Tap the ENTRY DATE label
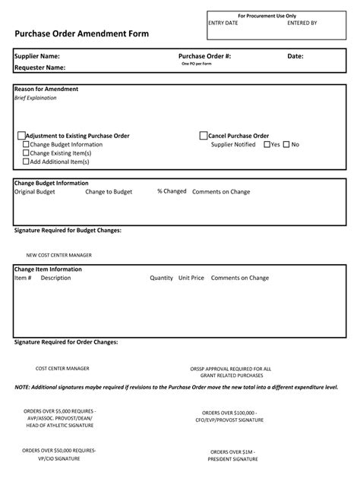pos(223,24)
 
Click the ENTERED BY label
pos(302,24)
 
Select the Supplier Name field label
pos(37,56)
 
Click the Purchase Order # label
pos(205,56)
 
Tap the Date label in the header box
pos(295,56)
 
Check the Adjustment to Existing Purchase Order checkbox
pos(21,136)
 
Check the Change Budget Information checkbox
pos(27,144)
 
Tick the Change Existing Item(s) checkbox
pos(27,153)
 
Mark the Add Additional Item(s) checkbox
pos(27,161)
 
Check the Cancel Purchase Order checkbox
pos(203,136)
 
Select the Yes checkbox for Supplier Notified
pos(267,144)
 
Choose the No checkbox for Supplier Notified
pos(286,144)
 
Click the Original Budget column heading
pos(35,192)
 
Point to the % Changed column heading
pos(172,191)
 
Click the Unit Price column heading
pos(191,278)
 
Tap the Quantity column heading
pos(162,278)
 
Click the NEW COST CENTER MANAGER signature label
pos(58,255)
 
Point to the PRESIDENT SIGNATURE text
pos(234,459)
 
